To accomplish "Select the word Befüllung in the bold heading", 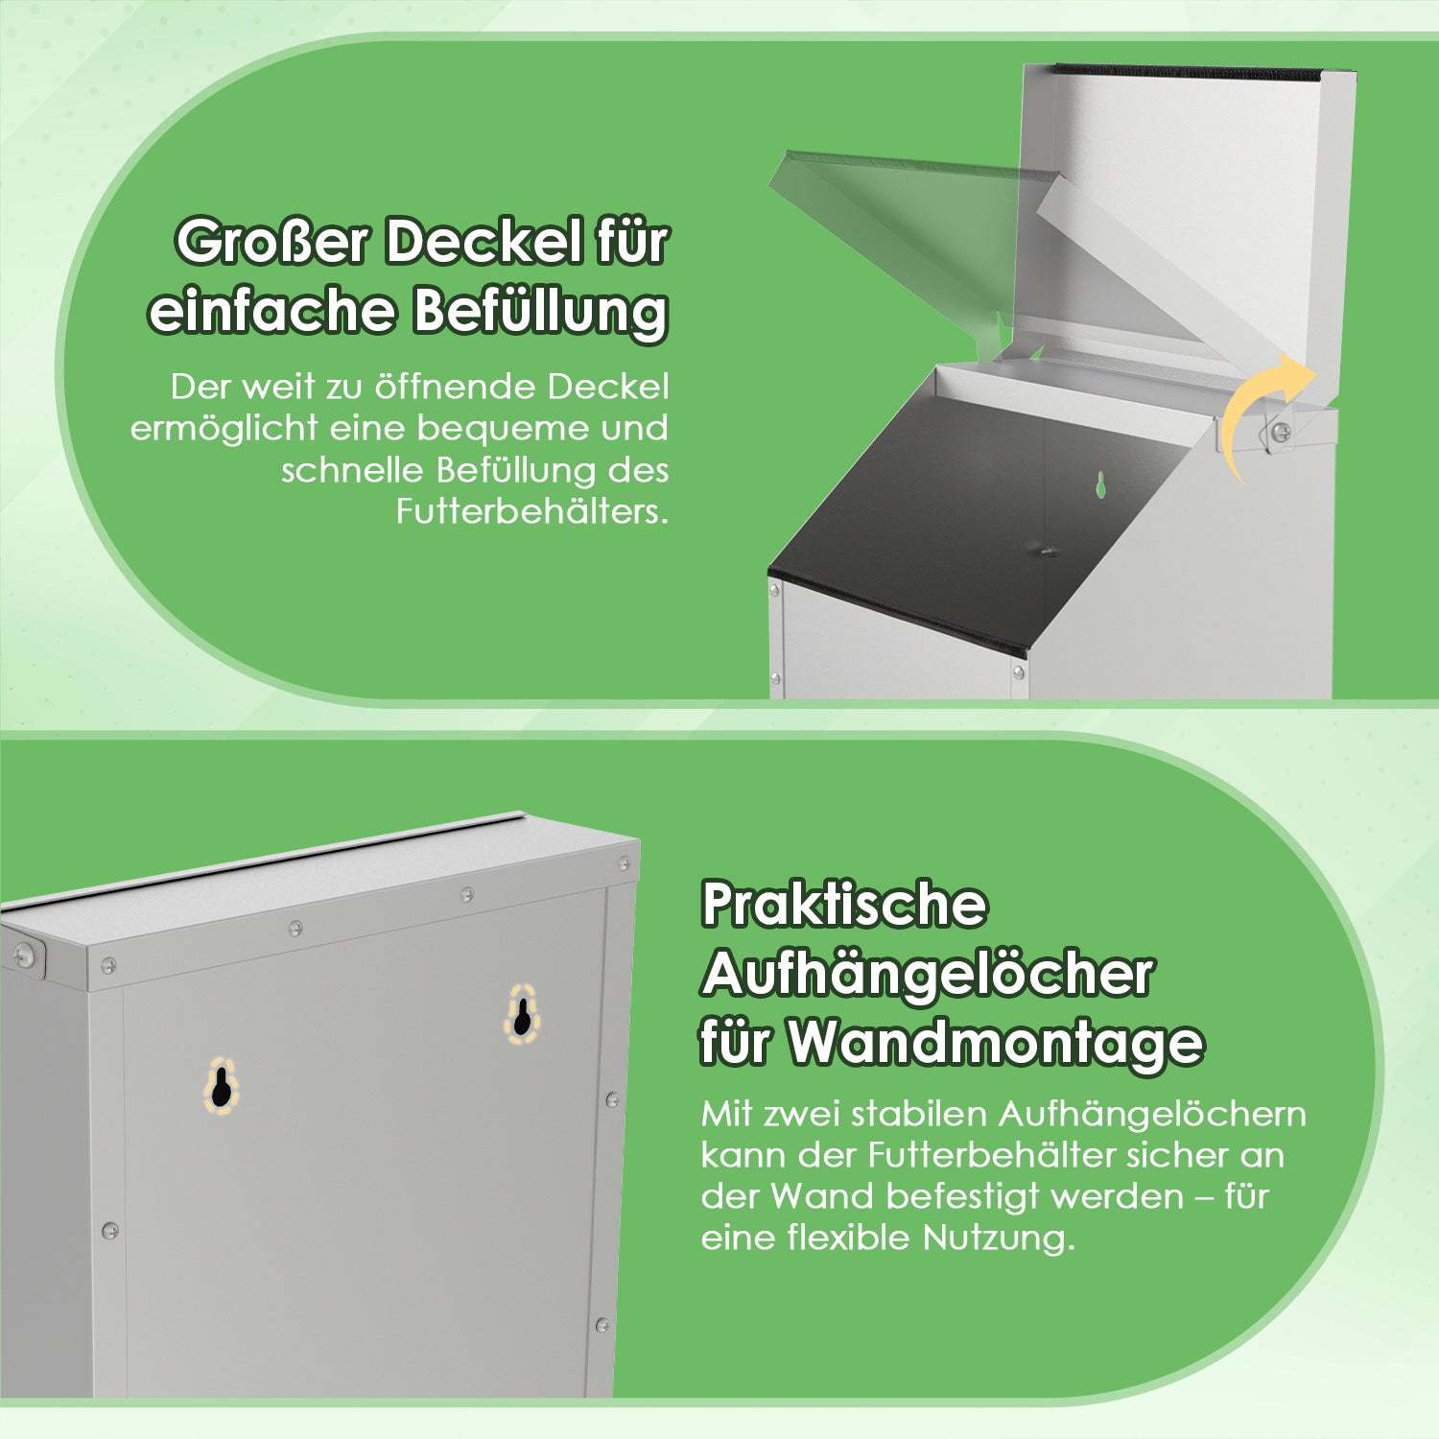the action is pyautogui.click(x=540, y=311).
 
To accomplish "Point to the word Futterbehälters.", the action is pyautogui.click(x=532, y=510).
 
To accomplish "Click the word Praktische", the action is pyautogui.click(x=844, y=905).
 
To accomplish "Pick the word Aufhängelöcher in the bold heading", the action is pyautogui.click(x=927, y=975).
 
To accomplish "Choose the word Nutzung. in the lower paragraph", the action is pyautogui.click(x=999, y=1238).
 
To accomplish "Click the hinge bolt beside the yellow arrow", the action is pyautogui.click(x=1279, y=434).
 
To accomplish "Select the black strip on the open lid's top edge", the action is pyautogui.click(x=1204, y=71).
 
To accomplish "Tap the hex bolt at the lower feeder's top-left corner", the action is pyautogui.click(x=26, y=954).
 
